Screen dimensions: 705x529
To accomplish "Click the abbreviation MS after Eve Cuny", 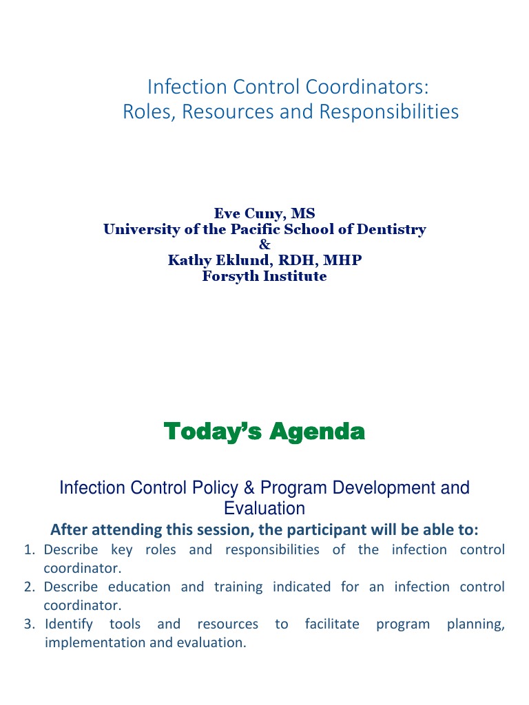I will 302,213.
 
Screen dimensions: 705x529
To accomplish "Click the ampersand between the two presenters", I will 264,244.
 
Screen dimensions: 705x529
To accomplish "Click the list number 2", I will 29,587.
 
